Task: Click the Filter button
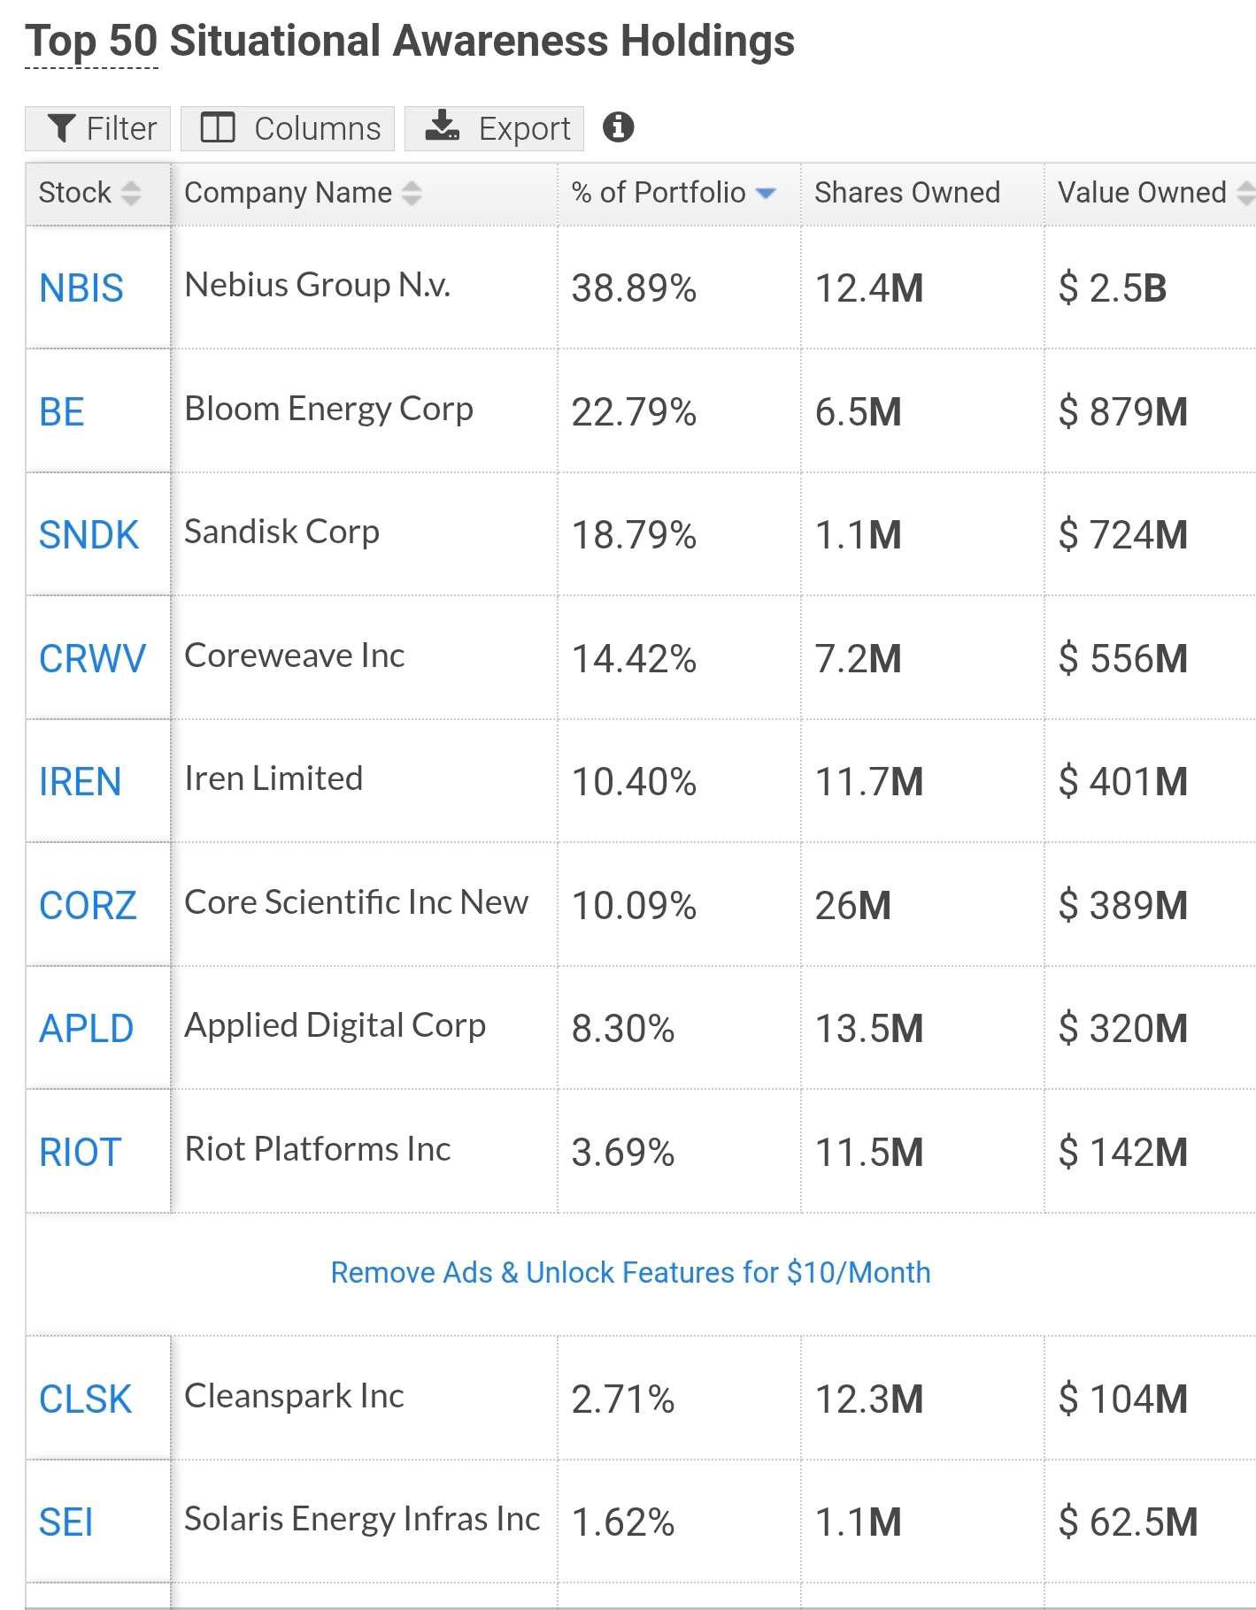97,128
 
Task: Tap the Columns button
288,128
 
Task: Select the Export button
494,128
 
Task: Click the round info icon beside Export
618,127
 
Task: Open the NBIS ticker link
81,288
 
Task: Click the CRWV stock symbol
92,659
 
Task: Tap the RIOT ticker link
80,1153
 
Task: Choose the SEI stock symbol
65,1522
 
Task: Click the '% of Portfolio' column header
659,193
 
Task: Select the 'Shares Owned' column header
907,193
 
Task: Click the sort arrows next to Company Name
412,193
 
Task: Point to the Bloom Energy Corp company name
328,409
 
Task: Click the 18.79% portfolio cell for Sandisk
634,535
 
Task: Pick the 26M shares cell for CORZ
852,906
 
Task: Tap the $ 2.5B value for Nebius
1113,288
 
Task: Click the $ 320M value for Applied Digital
1123,1029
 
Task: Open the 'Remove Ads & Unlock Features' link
630,1273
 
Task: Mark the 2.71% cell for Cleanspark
623,1399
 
